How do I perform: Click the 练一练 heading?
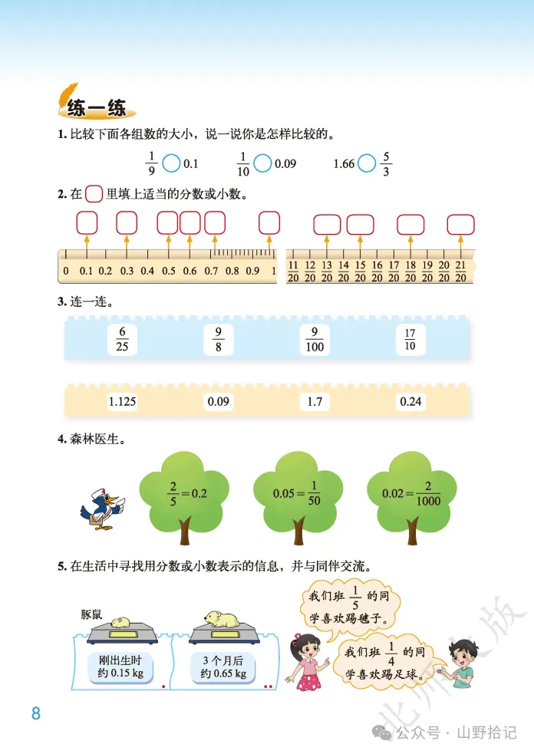point(96,108)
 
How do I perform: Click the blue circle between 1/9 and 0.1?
point(172,163)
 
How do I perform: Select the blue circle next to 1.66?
point(367,163)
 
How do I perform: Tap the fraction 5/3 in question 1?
point(386,163)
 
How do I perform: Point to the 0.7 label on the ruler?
point(211,271)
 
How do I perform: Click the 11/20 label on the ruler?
point(293,271)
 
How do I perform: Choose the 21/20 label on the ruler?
point(461,271)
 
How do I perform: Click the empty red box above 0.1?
point(87,222)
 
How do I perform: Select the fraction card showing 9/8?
point(218,339)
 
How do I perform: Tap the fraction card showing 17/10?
point(410,339)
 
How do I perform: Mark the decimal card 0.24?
point(411,401)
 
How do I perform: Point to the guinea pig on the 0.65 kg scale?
point(222,617)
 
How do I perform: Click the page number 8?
point(35,713)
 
